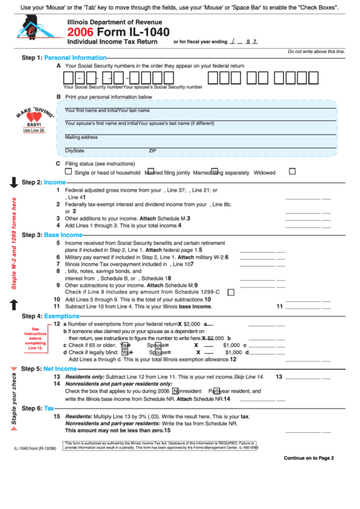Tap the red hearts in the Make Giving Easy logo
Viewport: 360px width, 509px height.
34,117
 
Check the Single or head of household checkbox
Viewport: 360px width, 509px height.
68,171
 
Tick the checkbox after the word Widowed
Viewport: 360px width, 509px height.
292,171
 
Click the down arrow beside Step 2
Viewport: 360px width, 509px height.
14,182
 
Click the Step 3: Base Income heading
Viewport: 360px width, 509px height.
52,234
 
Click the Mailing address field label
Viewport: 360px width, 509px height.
82,137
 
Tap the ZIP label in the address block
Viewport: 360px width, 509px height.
153,150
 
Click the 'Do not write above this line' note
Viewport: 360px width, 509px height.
317,52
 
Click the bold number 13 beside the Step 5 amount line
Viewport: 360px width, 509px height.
278,376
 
